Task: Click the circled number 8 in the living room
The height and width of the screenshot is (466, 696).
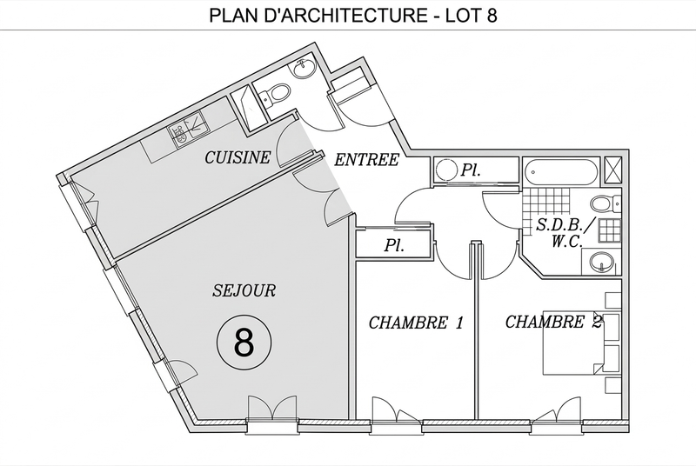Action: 244,342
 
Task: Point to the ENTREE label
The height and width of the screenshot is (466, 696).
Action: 366,159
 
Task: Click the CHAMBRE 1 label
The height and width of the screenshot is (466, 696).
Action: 416,323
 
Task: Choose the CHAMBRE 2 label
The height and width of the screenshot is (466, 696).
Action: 553,323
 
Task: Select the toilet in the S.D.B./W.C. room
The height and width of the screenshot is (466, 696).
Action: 603,205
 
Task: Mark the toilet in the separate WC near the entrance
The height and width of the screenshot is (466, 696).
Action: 278,92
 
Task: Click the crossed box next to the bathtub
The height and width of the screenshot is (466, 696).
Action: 615,168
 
